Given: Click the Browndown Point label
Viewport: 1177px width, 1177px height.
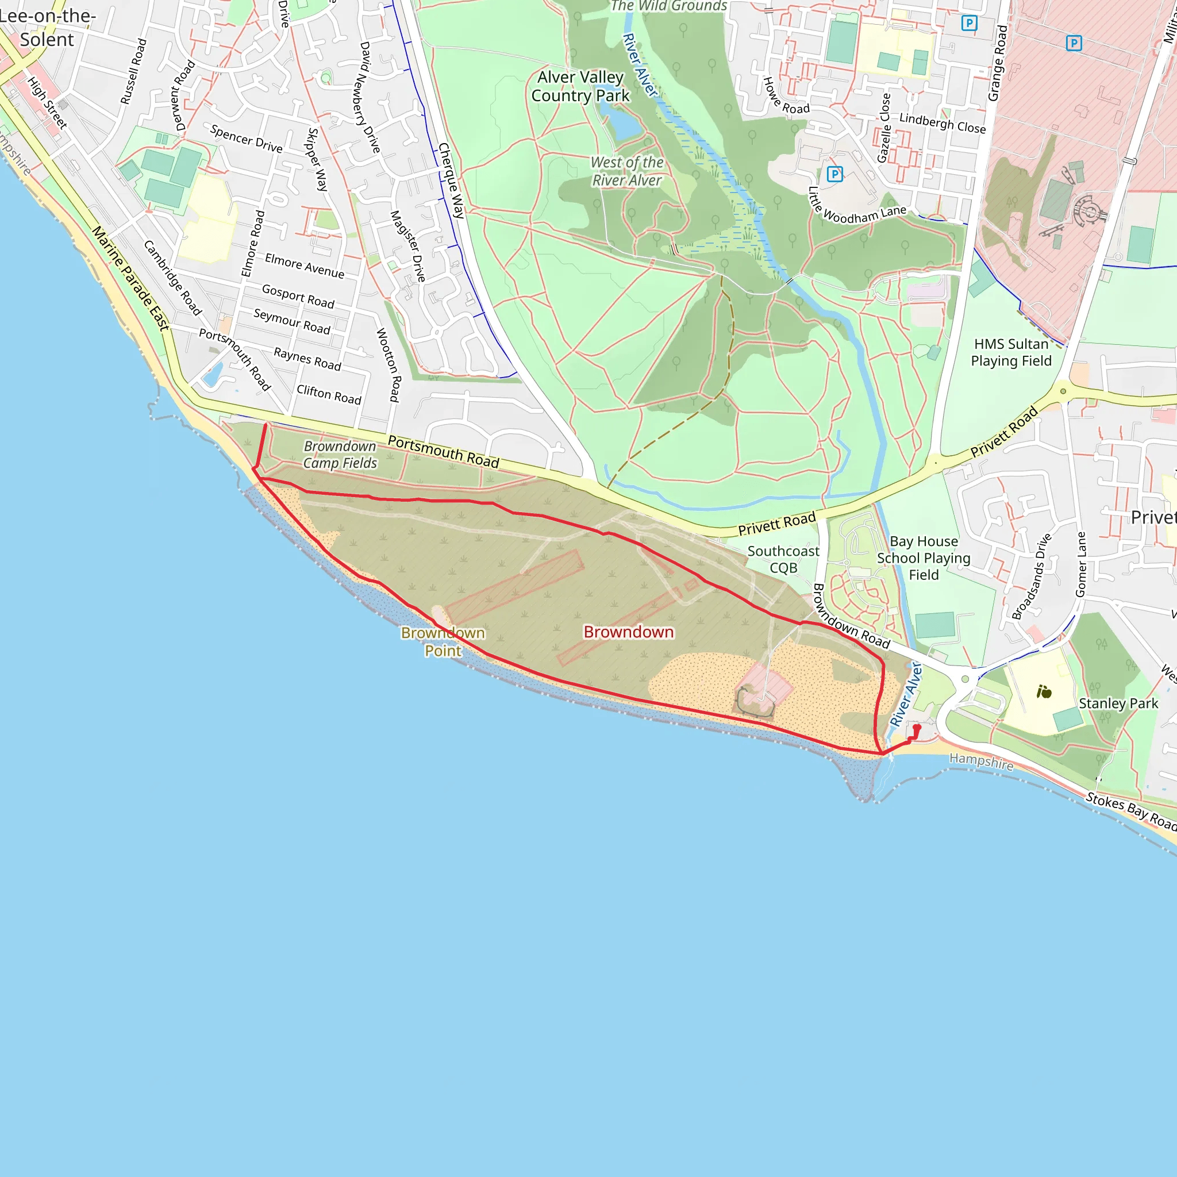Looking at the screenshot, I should pos(443,641).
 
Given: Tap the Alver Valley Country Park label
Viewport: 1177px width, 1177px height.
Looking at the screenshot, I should pos(580,87).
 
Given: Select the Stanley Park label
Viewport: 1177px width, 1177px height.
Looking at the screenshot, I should pos(1118,703).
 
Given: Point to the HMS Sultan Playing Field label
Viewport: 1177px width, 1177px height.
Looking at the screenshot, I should pos(1011,353).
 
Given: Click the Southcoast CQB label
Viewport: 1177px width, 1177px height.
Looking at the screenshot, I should pos(783,559).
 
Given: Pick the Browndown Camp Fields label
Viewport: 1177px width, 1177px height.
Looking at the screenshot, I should pos(340,455).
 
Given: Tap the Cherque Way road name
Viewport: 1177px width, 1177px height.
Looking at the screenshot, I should pos(451,180).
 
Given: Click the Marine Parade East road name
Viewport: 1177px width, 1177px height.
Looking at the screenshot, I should pos(130,278).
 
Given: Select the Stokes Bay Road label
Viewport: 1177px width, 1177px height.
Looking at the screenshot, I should pos(1130,811).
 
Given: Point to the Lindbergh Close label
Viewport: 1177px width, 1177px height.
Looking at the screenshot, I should pos(942,123).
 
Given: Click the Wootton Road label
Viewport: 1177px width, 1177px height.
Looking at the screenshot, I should pos(388,365).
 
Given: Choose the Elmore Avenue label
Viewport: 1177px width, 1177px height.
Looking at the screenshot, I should pos(304,266).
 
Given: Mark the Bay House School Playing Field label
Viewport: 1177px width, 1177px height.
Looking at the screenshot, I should pos(923,558).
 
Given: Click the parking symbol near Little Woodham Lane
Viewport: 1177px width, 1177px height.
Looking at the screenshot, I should pos(834,174).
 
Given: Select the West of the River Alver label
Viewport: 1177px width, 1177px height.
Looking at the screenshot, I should pos(627,171).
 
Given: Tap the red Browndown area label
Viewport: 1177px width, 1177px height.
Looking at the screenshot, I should pos(629,632).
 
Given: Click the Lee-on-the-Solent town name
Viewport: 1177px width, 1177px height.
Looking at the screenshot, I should pos(47,28).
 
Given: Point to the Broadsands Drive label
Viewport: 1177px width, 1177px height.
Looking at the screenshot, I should pos(1032,576).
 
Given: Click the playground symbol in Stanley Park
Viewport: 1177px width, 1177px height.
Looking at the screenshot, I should pos(1044,692).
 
